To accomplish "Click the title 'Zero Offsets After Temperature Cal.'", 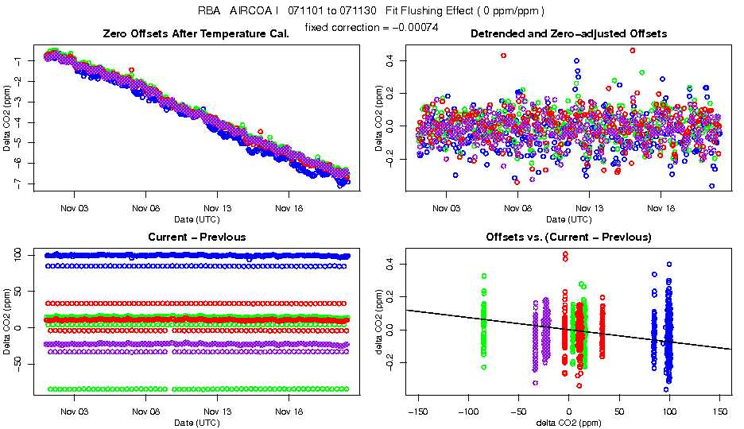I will pos(196,34).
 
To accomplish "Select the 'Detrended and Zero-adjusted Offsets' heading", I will pos(568,34).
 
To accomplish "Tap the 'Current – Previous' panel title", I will pos(196,238).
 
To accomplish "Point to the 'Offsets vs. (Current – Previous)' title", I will pos(568,238).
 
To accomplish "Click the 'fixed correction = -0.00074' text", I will pos(371,27).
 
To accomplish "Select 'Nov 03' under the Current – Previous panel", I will pos(75,412).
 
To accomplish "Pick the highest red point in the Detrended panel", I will pos(633,50).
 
